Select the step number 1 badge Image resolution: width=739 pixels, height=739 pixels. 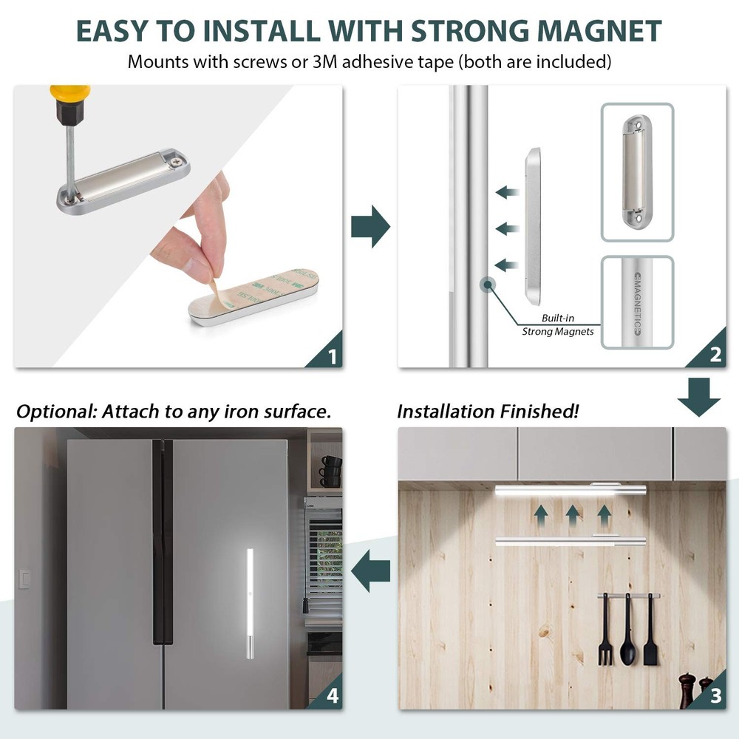point(331,356)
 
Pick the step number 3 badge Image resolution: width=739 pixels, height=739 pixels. point(715,698)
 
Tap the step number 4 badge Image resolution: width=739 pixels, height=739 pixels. point(331,698)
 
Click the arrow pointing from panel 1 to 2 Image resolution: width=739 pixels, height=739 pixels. point(370,227)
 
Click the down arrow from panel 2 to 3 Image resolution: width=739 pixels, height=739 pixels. point(698,396)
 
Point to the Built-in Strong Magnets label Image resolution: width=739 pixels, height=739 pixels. point(557,324)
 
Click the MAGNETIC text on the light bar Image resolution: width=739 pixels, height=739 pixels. point(637,302)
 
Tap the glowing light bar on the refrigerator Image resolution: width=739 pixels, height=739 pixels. point(249,602)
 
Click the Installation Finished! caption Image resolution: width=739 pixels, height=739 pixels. point(488,412)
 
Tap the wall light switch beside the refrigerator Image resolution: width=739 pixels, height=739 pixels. point(24,578)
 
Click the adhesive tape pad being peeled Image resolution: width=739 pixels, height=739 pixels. point(259,296)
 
